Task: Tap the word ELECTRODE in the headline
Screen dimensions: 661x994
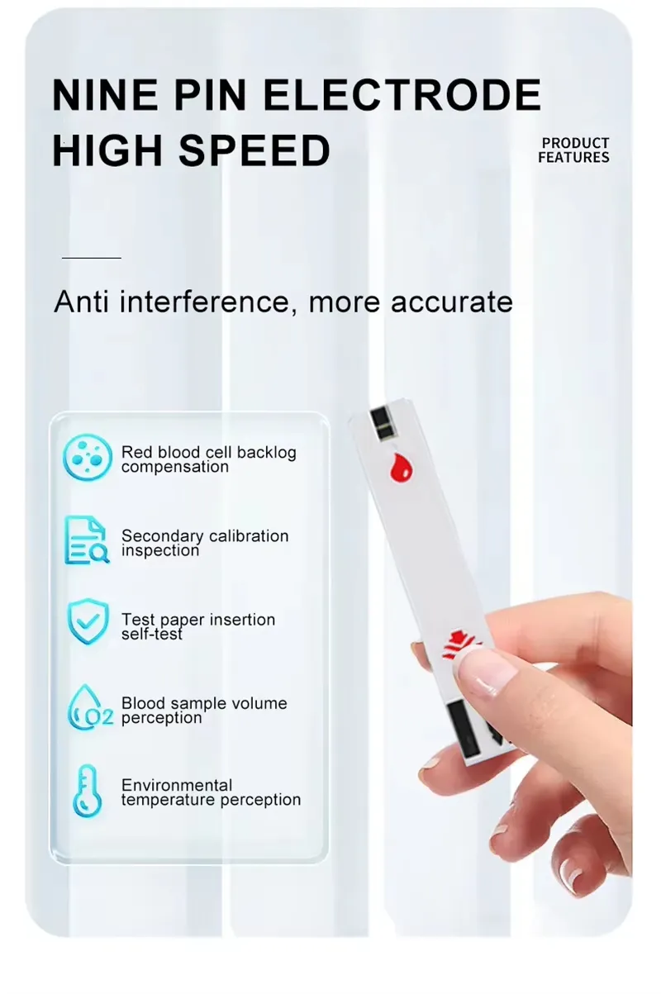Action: coord(402,94)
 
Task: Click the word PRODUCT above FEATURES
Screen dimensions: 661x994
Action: coord(575,143)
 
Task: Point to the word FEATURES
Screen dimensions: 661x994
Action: coord(573,157)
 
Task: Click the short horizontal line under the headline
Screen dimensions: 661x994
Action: coord(92,257)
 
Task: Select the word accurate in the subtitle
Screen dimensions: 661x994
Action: coord(452,302)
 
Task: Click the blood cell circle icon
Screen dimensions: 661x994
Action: coord(88,457)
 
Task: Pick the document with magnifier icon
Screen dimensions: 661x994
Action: coord(87,540)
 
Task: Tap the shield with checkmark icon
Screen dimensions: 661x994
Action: coord(88,621)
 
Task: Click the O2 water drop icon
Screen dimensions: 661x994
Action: coord(89,708)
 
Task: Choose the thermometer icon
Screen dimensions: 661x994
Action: coord(87,792)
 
